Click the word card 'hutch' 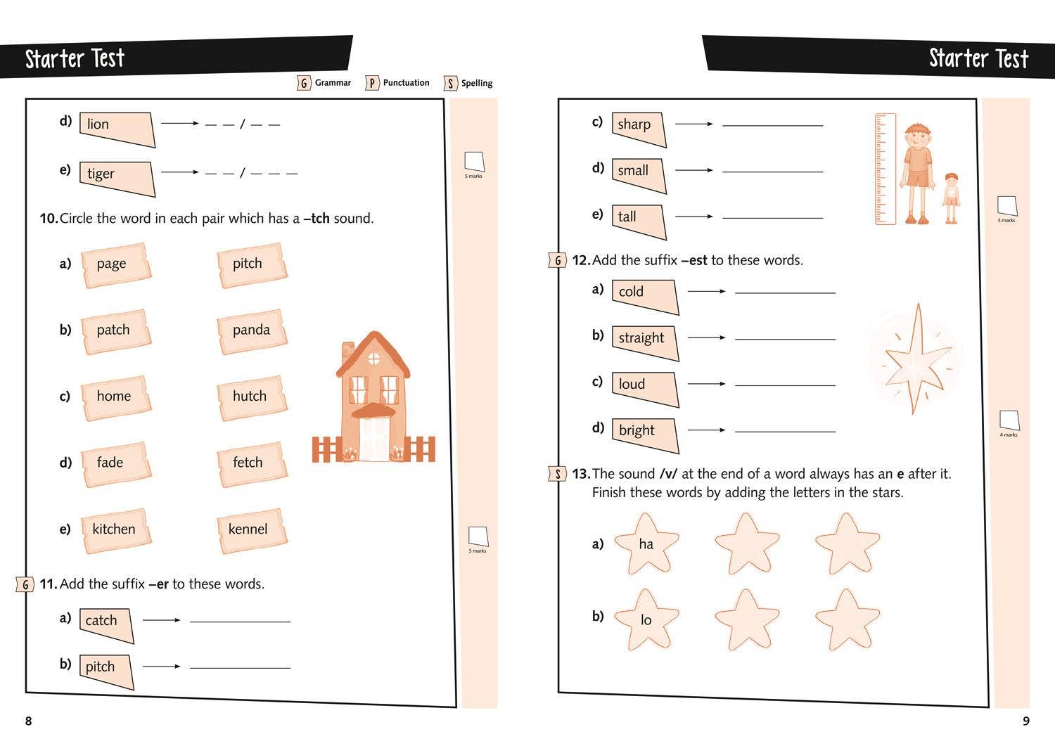click(250, 397)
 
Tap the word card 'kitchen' click(114, 529)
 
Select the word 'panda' click(251, 330)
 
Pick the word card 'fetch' click(248, 463)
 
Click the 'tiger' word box click(116, 176)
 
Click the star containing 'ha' click(646, 544)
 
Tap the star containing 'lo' click(646, 619)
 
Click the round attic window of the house click(373, 359)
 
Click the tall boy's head click(917, 136)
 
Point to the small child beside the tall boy click(951, 197)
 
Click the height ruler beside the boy click(885, 169)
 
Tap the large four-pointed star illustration click(916, 359)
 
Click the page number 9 click(1025, 721)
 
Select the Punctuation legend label click(406, 83)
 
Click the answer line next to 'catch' click(240, 622)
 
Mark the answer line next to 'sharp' click(772, 125)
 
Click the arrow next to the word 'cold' click(706, 291)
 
